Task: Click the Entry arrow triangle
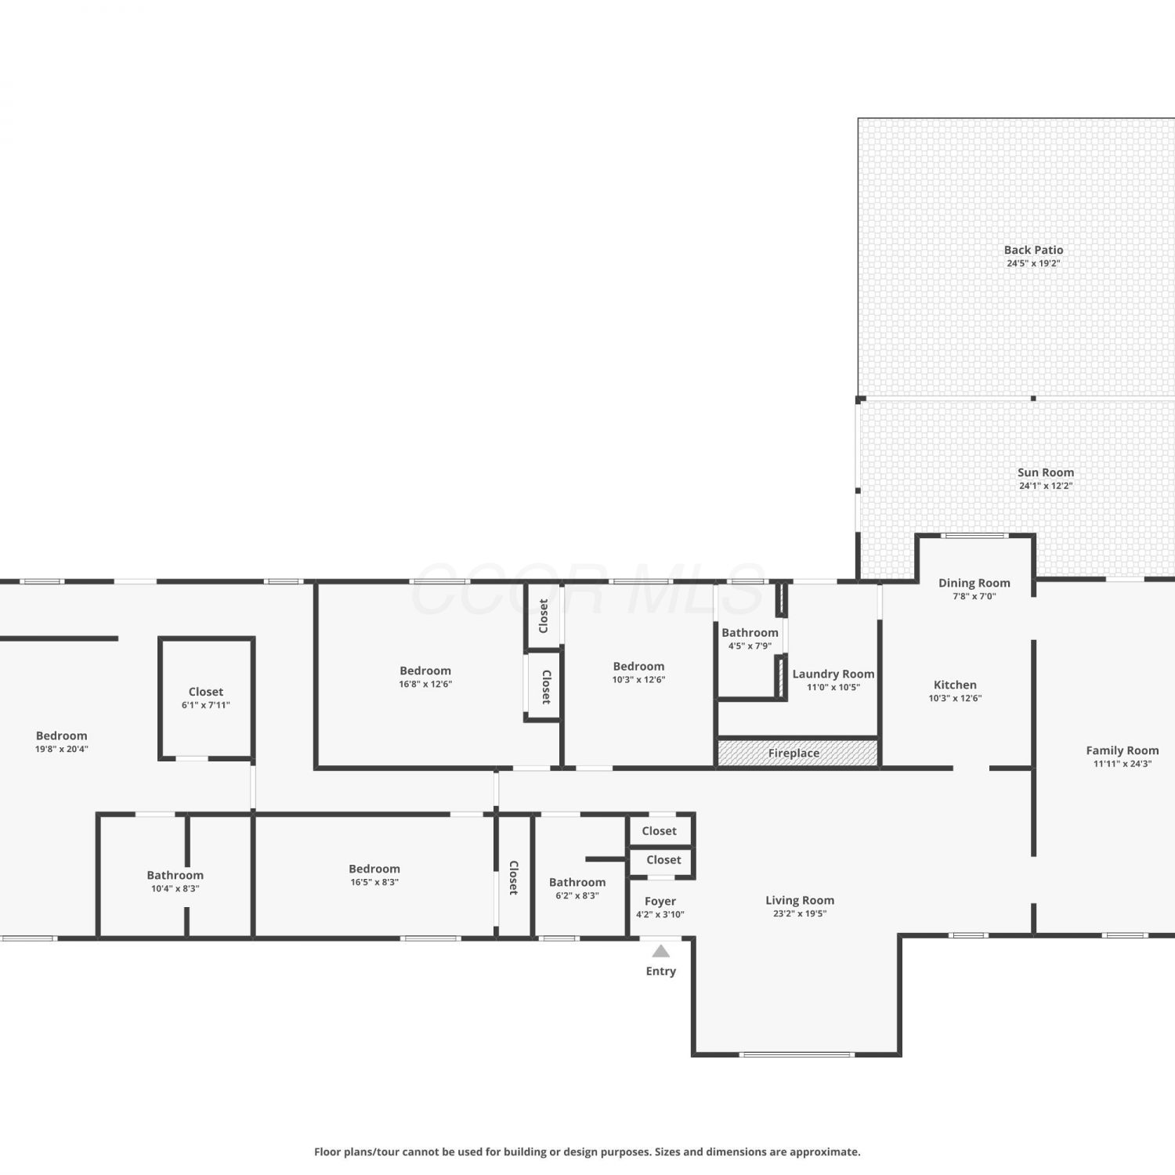coord(661,951)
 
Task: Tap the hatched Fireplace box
coord(797,753)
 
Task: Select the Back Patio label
coord(1033,250)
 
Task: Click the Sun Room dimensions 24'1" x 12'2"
coord(1046,486)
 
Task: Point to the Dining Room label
coord(974,583)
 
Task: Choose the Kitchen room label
coord(955,685)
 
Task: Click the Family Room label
coord(1122,750)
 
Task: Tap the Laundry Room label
coord(833,674)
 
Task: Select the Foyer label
coord(660,902)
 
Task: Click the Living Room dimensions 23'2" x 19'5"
coord(799,913)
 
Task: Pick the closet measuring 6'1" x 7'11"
coord(206,698)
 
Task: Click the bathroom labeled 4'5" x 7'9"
coord(750,638)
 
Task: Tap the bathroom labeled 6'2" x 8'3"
coord(577,888)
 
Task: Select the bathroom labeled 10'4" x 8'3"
coord(175,881)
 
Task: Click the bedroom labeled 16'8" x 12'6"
coord(425,676)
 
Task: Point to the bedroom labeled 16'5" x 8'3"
coord(374,875)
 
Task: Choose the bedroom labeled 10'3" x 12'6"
coord(638,672)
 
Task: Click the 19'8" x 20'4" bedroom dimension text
coord(62,749)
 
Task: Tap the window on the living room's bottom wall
coord(797,1054)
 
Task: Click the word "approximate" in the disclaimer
coord(825,1152)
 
